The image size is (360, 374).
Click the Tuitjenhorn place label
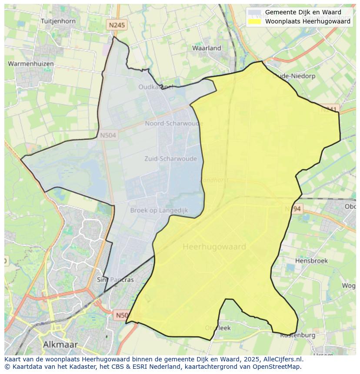pos(58,21)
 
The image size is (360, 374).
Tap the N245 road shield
pos(117,25)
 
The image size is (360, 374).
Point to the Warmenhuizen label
pos(31,64)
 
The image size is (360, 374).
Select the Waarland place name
pos(207,48)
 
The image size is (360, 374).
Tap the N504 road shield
pos(108,136)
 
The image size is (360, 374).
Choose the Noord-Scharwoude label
pos(174,123)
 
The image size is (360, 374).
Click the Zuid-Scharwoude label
pos(170,159)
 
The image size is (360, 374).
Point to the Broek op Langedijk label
pos(159,210)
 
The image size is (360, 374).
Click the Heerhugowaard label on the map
pos(214,247)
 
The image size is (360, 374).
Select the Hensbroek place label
pos(311,261)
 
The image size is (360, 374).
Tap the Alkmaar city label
pos(60,344)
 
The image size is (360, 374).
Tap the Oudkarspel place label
pos(156,87)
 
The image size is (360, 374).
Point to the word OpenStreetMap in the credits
pos(279,367)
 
